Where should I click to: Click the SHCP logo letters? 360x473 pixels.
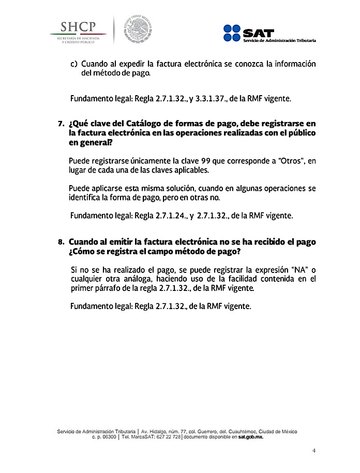pos(78,26)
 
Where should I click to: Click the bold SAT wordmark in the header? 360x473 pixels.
pos(257,32)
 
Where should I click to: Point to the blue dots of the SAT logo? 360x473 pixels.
pos(232,33)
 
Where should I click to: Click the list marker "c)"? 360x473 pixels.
pos(74,64)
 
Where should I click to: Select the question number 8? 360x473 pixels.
pos(61,242)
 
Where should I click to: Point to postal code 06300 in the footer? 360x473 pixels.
pos(108,437)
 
